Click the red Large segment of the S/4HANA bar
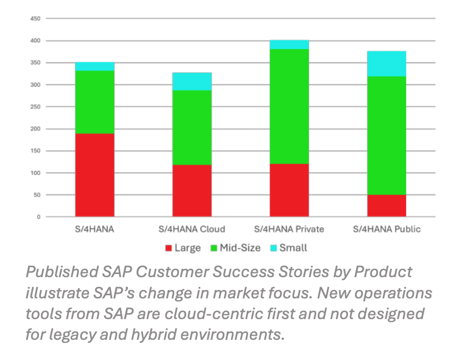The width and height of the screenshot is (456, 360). pos(95,175)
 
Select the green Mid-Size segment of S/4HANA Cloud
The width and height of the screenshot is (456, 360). pos(192,127)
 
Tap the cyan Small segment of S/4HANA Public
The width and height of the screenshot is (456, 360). pos(386,64)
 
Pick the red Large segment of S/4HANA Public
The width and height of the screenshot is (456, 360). pos(386,206)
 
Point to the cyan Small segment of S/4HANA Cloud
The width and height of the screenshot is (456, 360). pos(192,81)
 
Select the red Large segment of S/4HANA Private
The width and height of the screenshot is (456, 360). pos(289,190)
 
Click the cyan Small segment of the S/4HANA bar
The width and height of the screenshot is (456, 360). pos(95,66)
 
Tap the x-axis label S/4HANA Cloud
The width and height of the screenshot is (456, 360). pos(192,229)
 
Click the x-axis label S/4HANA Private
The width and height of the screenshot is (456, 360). pos(289,229)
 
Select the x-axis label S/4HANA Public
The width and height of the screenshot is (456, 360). pos(386,229)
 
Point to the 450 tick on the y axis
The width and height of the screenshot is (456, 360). pos(35,19)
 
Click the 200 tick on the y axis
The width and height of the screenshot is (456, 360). pos(35,129)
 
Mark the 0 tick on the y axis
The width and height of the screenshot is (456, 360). pos(39,217)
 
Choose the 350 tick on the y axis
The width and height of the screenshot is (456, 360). pos(35,63)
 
